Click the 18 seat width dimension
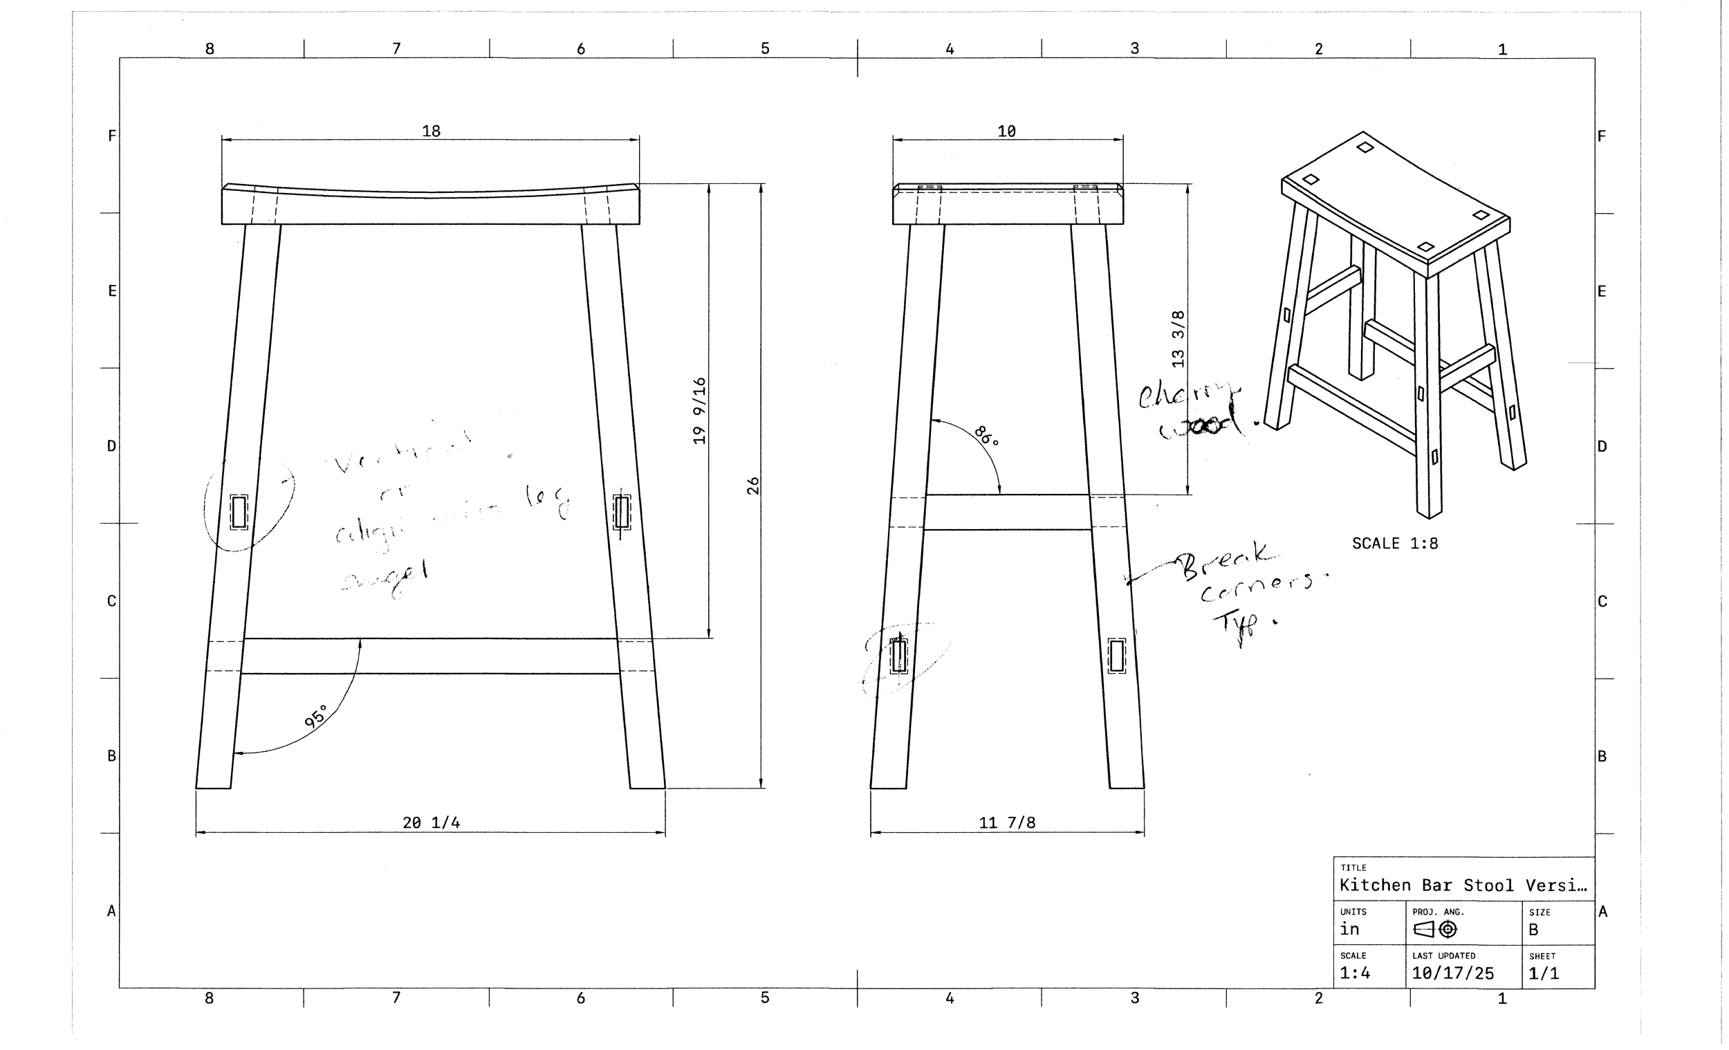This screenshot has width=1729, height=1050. coord(431,131)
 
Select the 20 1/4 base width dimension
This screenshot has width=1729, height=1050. coord(431,822)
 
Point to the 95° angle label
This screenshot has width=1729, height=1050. coord(316,717)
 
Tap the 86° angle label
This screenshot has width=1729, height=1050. coord(986,436)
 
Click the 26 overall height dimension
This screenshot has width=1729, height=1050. coord(753,486)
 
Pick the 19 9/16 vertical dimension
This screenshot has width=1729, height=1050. coord(699,411)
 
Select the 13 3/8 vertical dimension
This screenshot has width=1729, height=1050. coord(1178,339)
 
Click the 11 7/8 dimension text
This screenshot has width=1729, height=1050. coord(1007,822)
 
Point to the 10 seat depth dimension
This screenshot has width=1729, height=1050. coord(1006,131)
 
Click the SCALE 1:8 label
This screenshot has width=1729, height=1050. coord(1395,543)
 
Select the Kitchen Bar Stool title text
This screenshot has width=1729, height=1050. coord(1462,885)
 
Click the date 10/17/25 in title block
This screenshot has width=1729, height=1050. coord(1452,973)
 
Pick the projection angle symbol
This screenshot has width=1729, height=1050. coord(1435,929)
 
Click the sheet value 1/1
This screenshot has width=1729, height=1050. coord(1544,973)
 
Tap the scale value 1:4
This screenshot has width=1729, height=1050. coord(1354,973)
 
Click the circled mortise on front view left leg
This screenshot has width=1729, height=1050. coord(239,512)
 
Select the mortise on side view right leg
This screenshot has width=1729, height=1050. coord(1116,656)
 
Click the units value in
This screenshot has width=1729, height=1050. coord(1349,929)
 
